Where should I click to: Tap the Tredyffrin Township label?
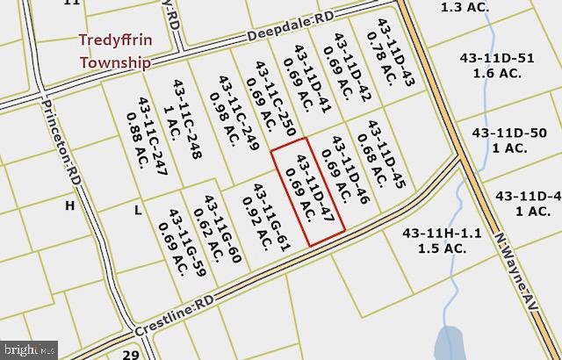[115, 52]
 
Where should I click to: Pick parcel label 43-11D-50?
[509, 140]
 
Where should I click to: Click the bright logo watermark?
[30, 349]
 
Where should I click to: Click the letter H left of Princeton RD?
[70, 205]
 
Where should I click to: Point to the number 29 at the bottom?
[131, 354]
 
